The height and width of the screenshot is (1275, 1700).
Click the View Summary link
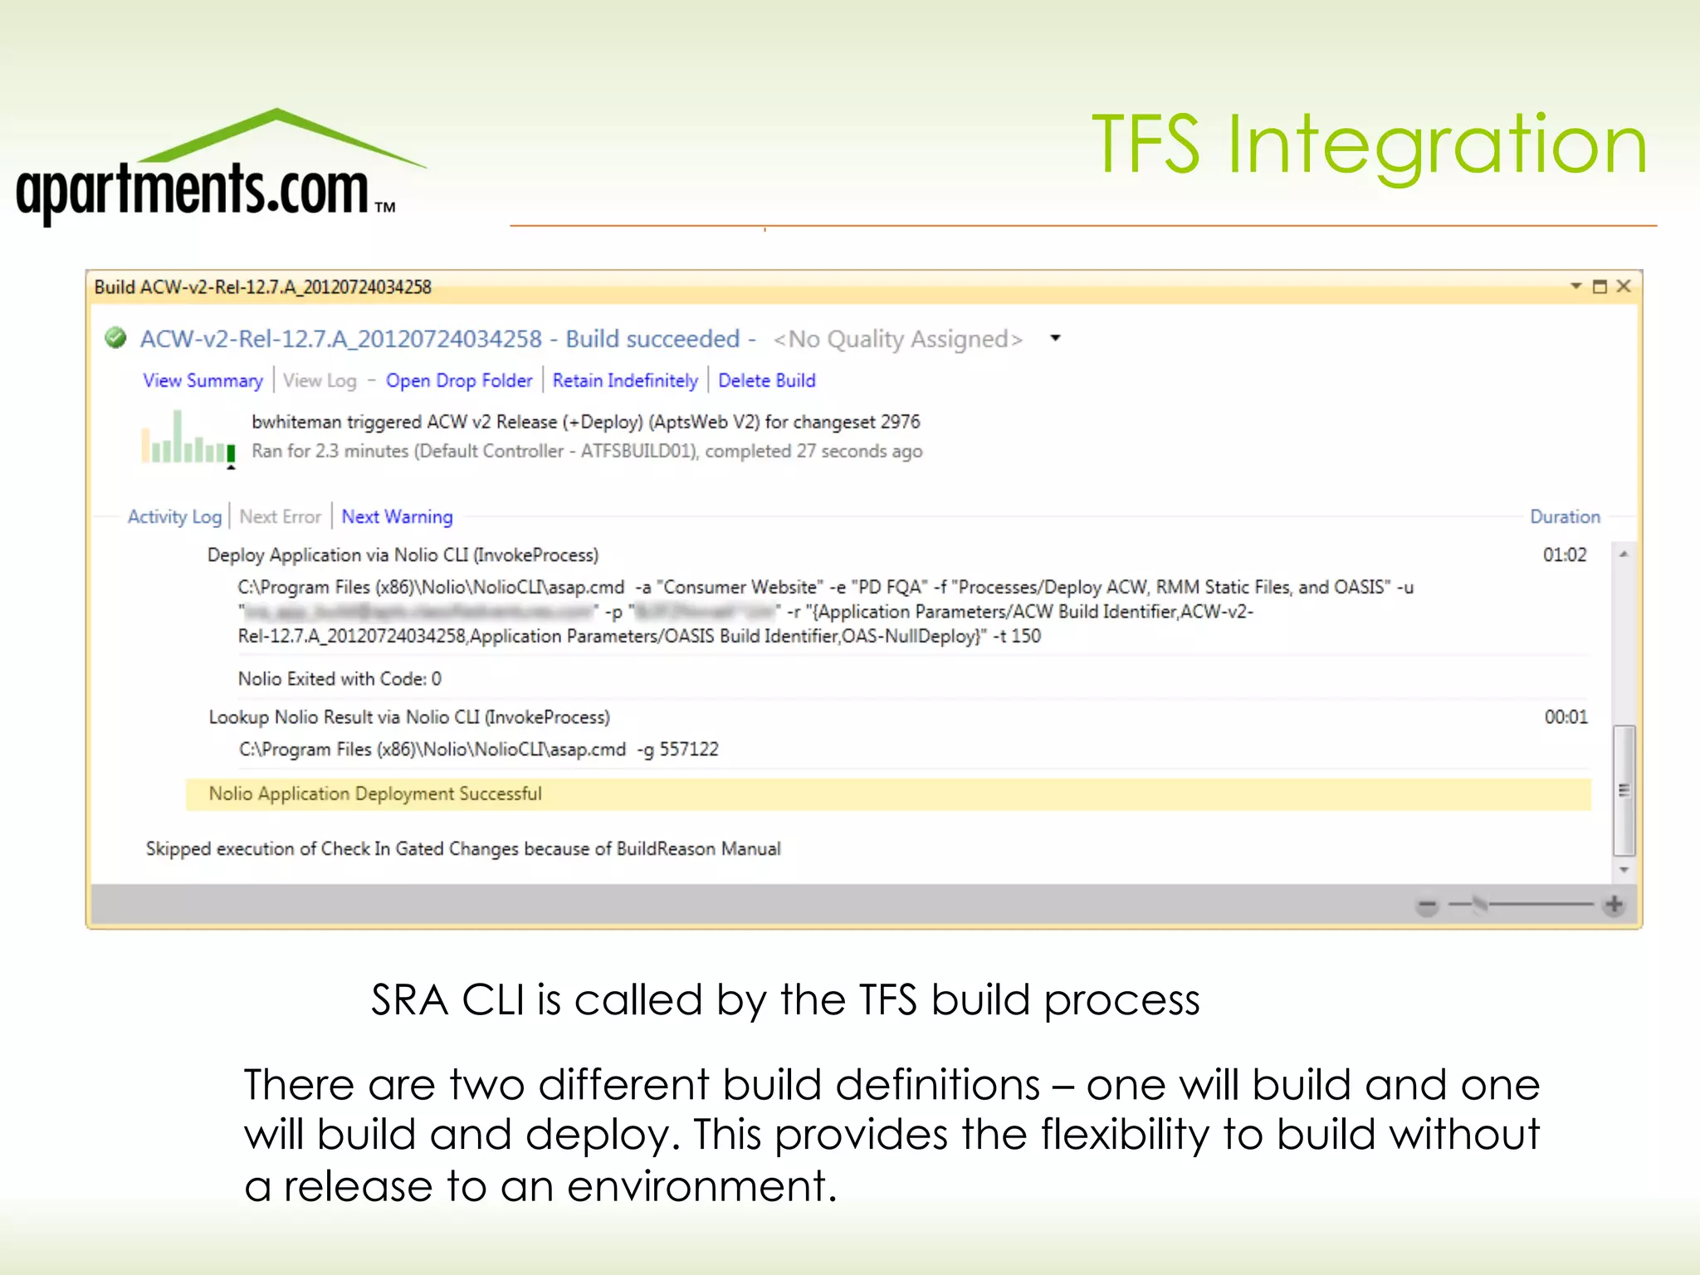tap(203, 380)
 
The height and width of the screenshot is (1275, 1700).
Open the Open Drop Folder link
tap(458, 380)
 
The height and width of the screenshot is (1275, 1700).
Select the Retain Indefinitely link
tap(625, 380)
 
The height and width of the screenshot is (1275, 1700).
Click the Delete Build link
tap(766, 380)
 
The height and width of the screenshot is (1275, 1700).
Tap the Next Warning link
tap(397, 516)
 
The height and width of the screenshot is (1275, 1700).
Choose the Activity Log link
tap(174, 516)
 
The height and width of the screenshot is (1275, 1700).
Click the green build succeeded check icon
tap(115, 338)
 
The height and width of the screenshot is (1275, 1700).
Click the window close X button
tap(1624, 286)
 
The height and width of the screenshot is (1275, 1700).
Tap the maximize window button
tap(1600, 286)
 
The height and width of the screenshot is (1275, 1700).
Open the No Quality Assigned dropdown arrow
tap(1055, 338)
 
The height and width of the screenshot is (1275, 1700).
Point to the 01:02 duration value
tap(1565, 554)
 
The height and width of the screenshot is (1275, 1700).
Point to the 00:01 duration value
tap(1566, 716)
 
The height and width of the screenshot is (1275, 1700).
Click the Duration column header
tap(1565, 516)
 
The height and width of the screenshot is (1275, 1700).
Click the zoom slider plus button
tap(1614, 904)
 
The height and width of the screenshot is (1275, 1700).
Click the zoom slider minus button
tap(1427, 905)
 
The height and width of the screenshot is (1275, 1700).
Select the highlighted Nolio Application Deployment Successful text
tap(375, 794)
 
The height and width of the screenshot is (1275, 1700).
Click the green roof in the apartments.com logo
tap(278, 133)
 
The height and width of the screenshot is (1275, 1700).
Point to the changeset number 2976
tap(900, 422)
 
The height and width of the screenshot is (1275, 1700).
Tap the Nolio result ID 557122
tap(689, 749)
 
